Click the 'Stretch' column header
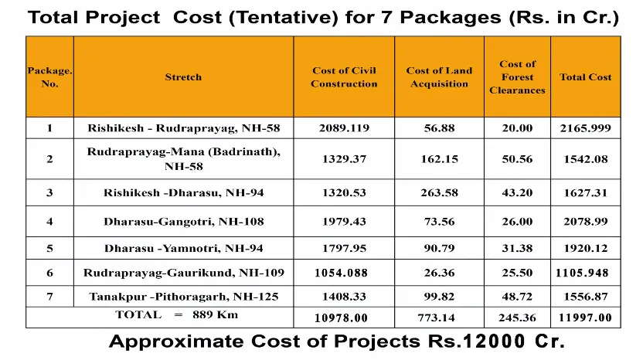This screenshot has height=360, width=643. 183,77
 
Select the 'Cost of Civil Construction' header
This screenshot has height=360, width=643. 344,77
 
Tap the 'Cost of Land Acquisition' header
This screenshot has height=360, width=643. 438,77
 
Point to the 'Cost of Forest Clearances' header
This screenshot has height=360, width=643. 517,77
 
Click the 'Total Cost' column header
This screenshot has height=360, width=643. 585,77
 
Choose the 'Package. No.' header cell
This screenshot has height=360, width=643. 49,77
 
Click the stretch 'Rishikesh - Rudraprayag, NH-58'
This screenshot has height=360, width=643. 183,128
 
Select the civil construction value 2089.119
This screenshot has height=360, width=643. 344,128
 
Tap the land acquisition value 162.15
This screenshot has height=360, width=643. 439,159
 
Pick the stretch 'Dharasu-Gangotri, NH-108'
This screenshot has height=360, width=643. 183,222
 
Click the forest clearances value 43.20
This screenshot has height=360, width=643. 517,193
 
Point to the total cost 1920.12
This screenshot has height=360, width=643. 585,249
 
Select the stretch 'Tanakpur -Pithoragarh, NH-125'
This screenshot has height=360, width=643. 183,297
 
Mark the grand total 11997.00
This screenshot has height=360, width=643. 585,318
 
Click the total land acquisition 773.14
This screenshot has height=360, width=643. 439,318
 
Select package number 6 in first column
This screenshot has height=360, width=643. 49,273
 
